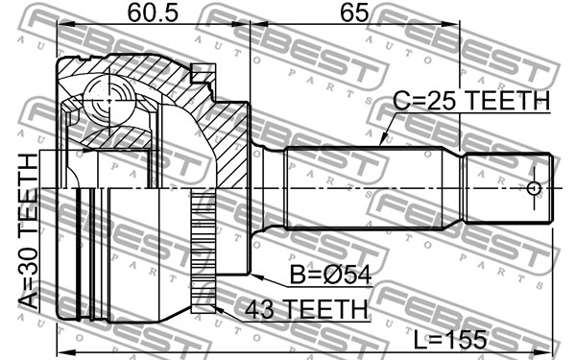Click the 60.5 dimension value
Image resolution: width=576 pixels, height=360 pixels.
[153, 13]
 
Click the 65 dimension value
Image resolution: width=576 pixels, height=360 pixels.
[353, 13]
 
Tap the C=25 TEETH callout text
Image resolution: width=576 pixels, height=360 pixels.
[471, 100]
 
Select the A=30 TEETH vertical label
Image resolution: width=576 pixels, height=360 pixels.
[28, 231]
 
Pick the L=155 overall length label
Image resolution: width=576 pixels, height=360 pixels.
[450, 340]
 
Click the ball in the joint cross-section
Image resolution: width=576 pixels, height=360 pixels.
[109, 99]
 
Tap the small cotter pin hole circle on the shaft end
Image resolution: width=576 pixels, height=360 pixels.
[534, 188]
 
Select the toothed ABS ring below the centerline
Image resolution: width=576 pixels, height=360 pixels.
[204, 251]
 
